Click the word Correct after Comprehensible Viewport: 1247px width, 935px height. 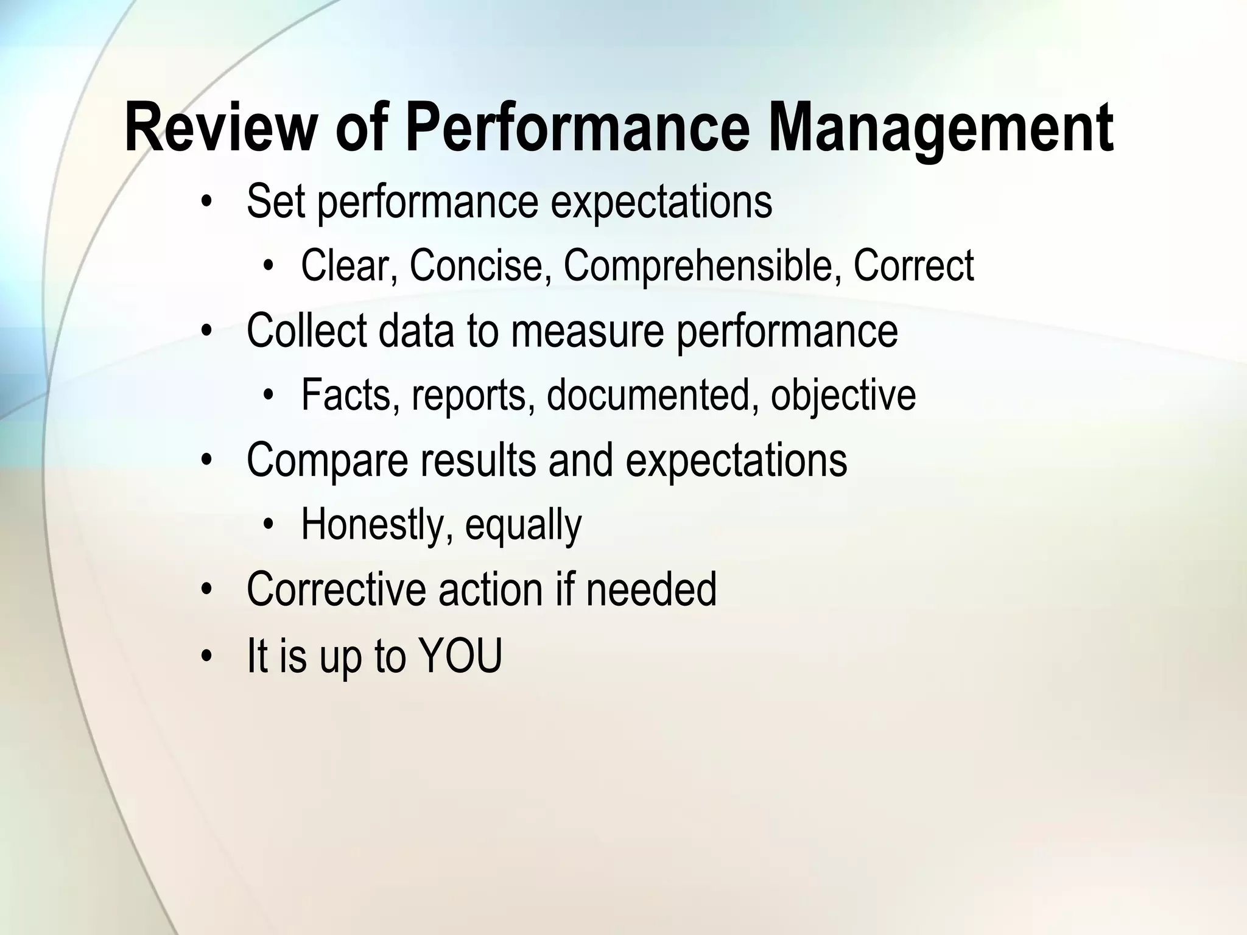click(913, 265)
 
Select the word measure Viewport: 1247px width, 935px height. click(587, 331)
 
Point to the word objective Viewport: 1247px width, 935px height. click(843, 395)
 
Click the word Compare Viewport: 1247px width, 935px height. click(328, 460)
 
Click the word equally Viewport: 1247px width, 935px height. click(523, 525)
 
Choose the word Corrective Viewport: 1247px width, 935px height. click(335, 589)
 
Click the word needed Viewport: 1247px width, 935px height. click(651, 589)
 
